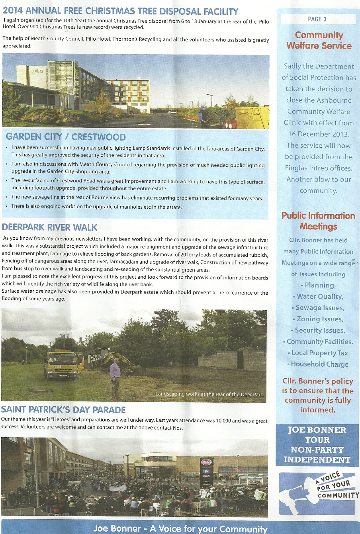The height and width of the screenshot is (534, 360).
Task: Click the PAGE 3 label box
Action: tap(318, 19)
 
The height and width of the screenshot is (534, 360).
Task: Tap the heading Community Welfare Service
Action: tap(319, 41)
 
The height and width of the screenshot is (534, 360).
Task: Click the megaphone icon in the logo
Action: tap(295, 494)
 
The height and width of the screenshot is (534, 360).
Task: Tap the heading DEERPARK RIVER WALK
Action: tap(50, 228)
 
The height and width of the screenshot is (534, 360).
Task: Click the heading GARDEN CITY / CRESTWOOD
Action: tap(66, 137)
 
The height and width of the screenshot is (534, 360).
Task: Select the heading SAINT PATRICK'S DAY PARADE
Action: tap(63, 410)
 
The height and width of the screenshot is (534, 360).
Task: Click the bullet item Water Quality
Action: tap(320, 296)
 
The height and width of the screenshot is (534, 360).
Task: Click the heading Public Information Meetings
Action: tap(318, 221)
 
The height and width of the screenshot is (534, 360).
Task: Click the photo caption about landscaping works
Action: tap(209, 394)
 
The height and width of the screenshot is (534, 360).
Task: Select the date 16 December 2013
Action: tap(319, 134)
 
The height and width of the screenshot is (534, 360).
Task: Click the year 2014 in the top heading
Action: tap(13, 11)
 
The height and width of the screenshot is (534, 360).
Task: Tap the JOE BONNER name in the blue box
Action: tap(317, 430)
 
